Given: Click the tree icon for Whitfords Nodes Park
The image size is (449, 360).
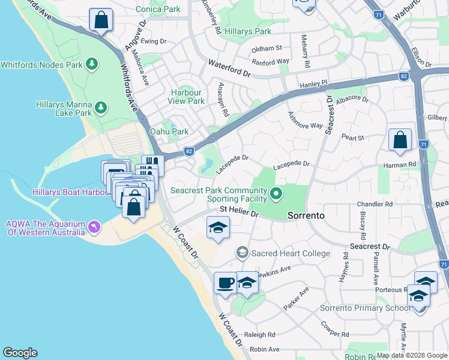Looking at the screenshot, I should (x=91, y=64).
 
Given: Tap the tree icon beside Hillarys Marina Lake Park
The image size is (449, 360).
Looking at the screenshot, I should (x=101, y=108).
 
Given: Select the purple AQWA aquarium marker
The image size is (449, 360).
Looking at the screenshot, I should (x=94, y=227).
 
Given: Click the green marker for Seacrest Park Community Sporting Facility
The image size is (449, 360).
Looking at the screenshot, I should (x=276, y=193).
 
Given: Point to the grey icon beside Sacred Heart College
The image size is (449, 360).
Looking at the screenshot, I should (x=242, y=253).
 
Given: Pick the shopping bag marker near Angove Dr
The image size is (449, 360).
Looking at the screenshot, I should (x=101, y=20).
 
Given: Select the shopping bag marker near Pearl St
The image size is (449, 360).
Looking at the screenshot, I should (x=400, y=140).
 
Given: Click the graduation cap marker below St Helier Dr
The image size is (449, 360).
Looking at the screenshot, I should (x=218, y=228).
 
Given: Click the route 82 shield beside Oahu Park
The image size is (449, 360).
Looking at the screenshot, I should (x=189, y=152).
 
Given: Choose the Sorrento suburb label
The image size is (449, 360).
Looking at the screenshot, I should (x=306, y=215).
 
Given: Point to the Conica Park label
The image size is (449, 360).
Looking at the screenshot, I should (x=158, y=10).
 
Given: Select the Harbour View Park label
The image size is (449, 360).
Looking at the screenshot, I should (x=187, y=97).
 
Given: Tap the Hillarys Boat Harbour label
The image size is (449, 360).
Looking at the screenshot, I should (x=60, y=191).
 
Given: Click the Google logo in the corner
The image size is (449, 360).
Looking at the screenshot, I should (x=20, y=353).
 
